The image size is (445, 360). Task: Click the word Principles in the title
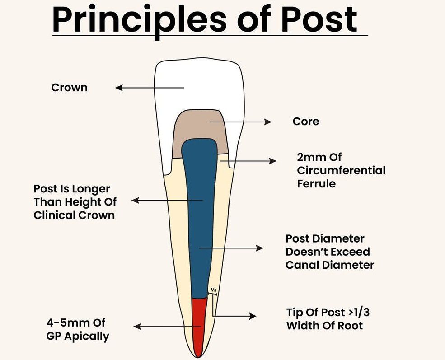pyautogui.click(x=138, y=19)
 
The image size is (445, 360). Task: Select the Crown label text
pyautogui.click(x=69, y=88)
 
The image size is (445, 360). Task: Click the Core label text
pyautogui.click(x=305, y=122)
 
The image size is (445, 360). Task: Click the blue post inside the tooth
pyautogui.click(x=199, y=217)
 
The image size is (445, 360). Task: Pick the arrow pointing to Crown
pyautogui.click(x=149, y=88)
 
